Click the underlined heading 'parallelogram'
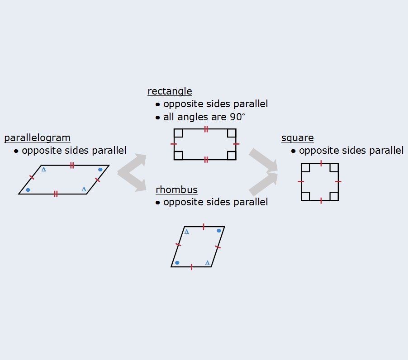(x=37, y=138)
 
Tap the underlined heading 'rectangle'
(x=170, y=91)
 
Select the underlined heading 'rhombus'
(x=177, y=189)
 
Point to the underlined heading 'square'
(x=298, y=138)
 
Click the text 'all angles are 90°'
(x=204, y=117)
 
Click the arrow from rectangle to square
(x=263, y=160)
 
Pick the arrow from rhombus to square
(x=263, y=184)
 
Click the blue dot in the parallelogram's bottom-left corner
(x=28, y=190)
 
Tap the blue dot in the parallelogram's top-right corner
(x=100, y=170)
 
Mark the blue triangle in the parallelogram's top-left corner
(x=44, y=169)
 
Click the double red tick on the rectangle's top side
(x=206, y=129)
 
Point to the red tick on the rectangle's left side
(x=174, y=144)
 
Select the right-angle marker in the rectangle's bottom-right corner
(x=232, y=156)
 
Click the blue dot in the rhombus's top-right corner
(x=219, y=231)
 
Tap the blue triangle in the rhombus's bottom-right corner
(x=207, y=263)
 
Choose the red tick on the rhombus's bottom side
(x=191, y=267)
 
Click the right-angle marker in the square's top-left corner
(x=305, y=168)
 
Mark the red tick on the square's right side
(x=338, y=181)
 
